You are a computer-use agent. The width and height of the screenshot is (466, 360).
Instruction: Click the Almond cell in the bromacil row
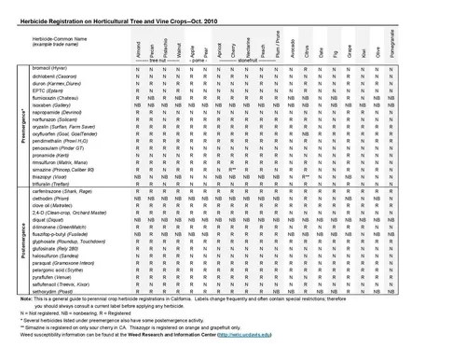[138, 70]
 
